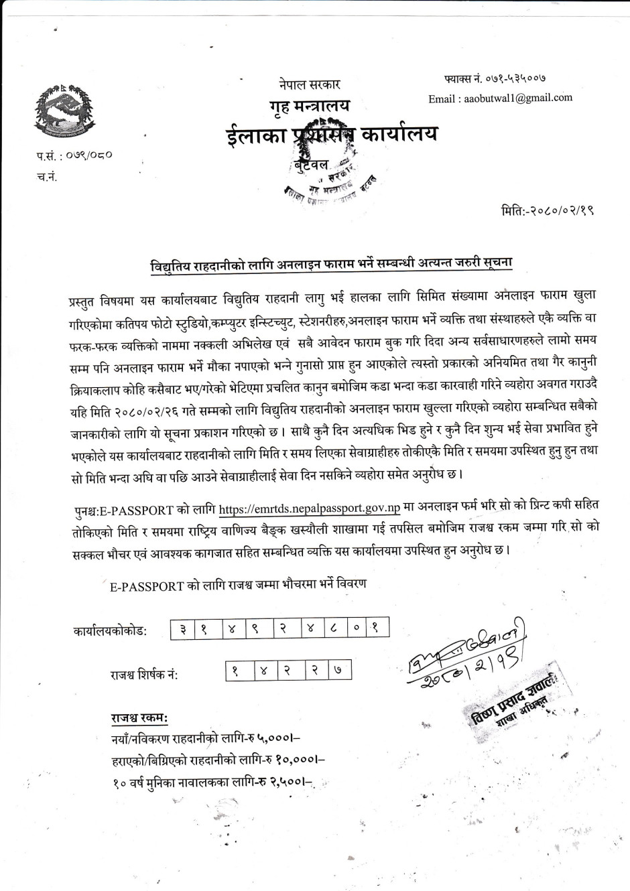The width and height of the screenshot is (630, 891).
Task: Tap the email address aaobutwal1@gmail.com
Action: (500, 98)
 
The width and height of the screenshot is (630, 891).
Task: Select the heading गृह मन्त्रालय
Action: (310, 106)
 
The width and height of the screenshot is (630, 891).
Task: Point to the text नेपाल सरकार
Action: (310, 84)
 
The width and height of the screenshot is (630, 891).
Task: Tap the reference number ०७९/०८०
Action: (88, 155)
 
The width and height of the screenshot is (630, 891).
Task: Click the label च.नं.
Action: (46, 178)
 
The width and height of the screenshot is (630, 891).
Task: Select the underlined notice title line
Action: (330, 263)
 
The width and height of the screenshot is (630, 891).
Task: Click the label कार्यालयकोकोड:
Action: (110, 631)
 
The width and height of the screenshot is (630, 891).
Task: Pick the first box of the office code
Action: (182, 630)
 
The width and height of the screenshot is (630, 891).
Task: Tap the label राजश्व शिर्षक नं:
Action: (144, 674)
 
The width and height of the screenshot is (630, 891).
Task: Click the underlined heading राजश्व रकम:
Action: (139, 718)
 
